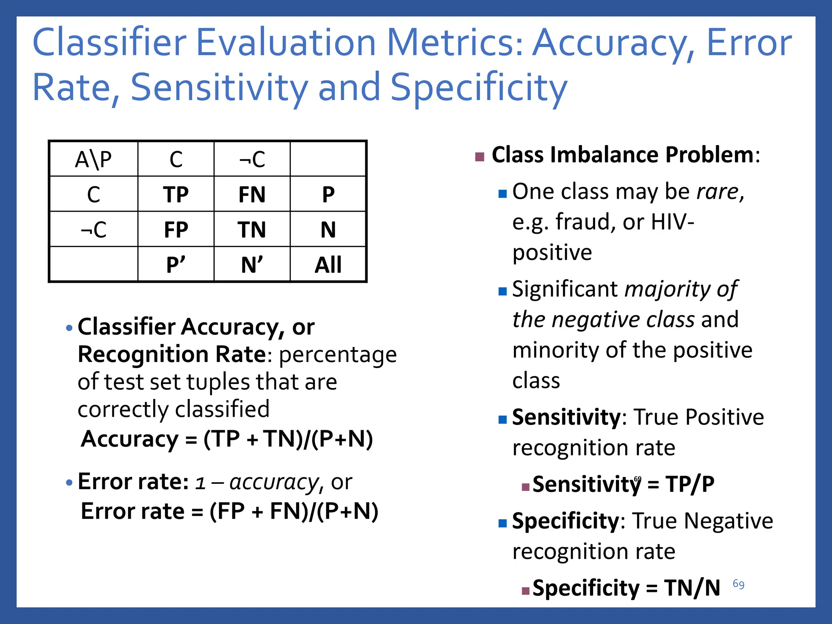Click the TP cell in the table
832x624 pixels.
[175, 194]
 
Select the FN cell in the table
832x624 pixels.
[252, 194]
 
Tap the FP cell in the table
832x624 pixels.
[175, 230]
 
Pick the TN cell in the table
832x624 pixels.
[252, 230]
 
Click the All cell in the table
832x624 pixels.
[328, 265]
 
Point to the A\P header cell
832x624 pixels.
[93, 159]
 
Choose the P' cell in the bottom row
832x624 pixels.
[175, 265]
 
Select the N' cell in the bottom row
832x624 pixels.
[252, 265]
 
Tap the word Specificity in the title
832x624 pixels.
[479, 88]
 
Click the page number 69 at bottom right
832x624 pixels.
[738, 584]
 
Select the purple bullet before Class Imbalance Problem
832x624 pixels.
[479, 157]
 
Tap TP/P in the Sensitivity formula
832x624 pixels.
[689, 484]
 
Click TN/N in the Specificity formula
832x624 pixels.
[692, 588]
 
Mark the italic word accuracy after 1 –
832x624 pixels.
[274, 482]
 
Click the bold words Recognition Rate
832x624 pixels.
[171, 354]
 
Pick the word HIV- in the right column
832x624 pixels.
[672, 222]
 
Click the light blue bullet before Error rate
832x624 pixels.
[69, 483]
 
